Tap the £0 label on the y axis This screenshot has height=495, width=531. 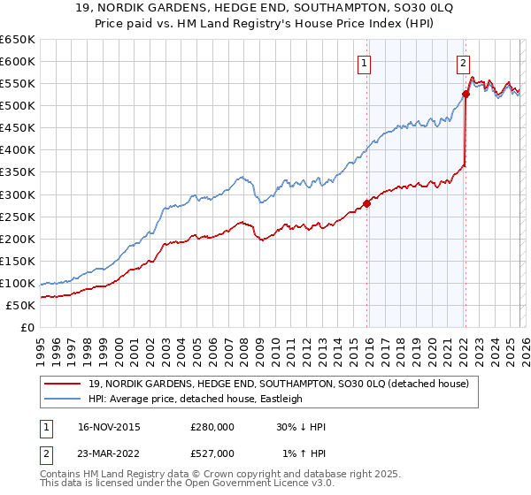pos(27,327)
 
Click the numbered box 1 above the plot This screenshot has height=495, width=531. pos(365,62)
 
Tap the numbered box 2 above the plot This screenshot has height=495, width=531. pos(463,62)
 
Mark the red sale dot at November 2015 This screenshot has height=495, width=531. pos(366,204)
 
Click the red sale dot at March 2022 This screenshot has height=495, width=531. pos(466,94)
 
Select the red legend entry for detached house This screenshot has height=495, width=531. pos(283,384)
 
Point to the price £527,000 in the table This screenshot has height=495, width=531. pos(212,453)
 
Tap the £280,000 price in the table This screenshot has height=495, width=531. pos(212,427)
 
